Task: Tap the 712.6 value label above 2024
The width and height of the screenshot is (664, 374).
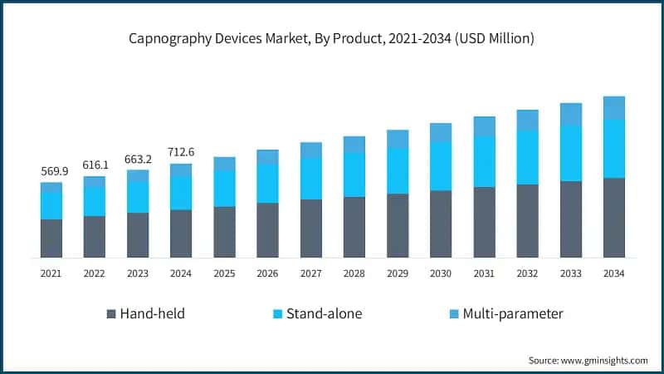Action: [x=181, y=152]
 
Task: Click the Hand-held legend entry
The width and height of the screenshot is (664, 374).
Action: [x=145, y=313]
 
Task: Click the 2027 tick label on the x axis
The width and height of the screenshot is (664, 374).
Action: [x=310, y=273]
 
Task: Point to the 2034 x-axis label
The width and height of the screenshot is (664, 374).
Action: [x=613, y=273]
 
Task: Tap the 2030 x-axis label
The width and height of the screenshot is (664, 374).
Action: [x=441, y=273]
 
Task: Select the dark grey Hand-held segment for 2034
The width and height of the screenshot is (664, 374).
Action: [x=613, y=217]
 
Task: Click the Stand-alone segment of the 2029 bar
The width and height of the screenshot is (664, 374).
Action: [x=398, y=170]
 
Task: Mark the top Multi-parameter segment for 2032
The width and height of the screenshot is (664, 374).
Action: [x=527, y=120]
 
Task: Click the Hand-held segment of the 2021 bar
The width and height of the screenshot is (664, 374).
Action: [x=51, y=238]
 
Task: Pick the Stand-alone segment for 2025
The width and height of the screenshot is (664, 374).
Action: [x=224, y=188]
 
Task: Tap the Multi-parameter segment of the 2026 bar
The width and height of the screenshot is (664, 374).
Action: [x=267, y=156]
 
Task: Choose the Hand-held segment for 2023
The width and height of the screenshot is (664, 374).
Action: [x=138, y=234]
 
